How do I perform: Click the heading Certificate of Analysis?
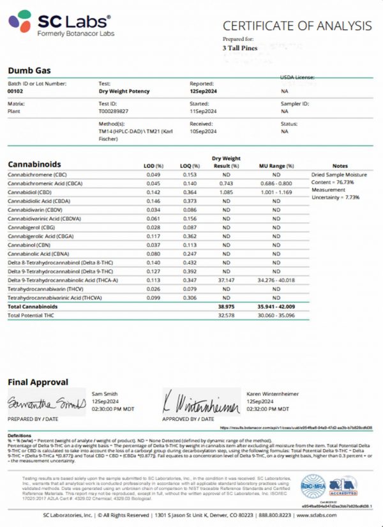click(296, 26)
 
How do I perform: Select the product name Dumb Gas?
click(29, 70)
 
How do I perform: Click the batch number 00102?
click(16, 92)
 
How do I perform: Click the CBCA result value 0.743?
click(227, 183)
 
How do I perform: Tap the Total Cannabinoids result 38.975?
click(227, 307)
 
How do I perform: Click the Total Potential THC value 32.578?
click(227, 316)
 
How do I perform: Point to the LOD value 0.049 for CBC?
click(153, 174)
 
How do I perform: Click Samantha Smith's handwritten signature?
click(45, 404)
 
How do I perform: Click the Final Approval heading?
click(38, 382)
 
